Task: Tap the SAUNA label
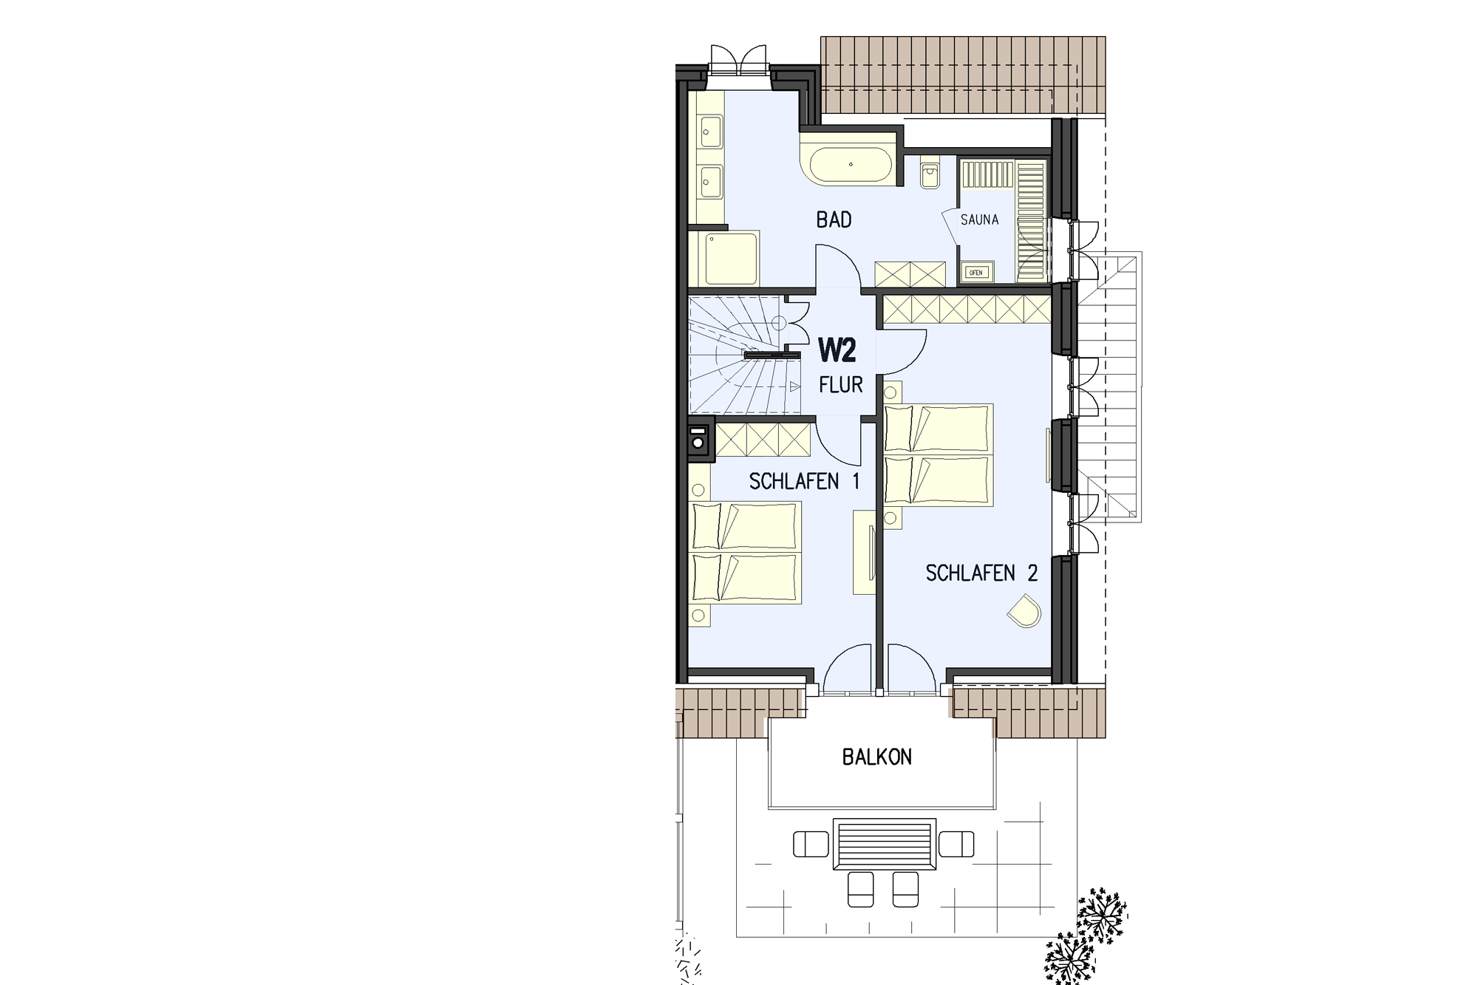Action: pyautogui.click(x=979, y=219)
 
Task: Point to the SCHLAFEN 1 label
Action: pyautogui.click(x=804, y=482)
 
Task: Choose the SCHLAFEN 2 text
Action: pyautogui.click(x=982, y=573)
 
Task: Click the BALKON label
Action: pyautogui.click(x=877, y=757)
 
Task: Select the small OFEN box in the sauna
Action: pyautogui.click(x=975, y=273)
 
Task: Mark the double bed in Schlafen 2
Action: pyautogui.click(x=939, y=454)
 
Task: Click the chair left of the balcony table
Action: pyautogui.click(x=811, y=844)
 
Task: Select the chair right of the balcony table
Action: pyautogui.click(x=956, y=844)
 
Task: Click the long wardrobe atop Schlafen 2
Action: pyautogui.click(x=967, y=309)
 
